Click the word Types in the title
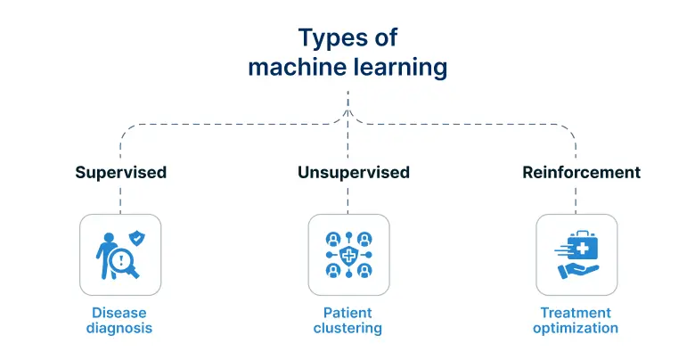tap(327, 37)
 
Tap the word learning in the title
tap(398, 67)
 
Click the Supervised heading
tap(120, 172)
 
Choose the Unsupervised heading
tap(354, 172)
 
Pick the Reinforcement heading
tap(581, 172)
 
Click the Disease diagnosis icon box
tap(120, 255)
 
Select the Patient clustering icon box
tap(348, 255)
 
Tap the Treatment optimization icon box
tap(576, 255)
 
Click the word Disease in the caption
tap(119, 313)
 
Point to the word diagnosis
tap(119, 328)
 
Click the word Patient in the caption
tap(347, 313)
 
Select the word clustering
tap(347, 328)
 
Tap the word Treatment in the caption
tap(576, 313)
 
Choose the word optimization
tap(576, 328)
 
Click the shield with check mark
tap(136, 238)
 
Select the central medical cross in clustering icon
tap(348, 255)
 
